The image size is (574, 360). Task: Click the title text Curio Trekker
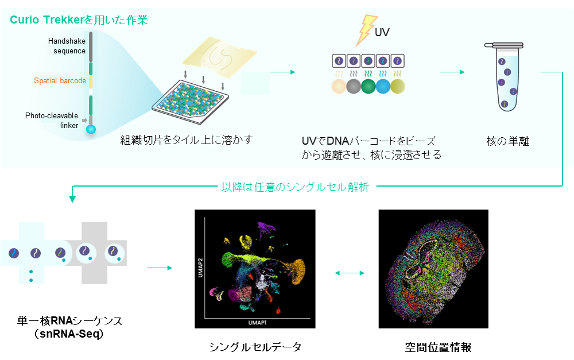click(x=47, y=20)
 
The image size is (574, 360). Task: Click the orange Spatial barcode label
click(x=60, y=80)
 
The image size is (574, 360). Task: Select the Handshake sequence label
click(x=67, y=46)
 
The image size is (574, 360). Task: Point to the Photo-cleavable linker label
click(x=52, y=121)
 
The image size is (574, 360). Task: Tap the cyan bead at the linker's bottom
click(x=91, y=129)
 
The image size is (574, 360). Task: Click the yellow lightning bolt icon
click(x=366, y=30)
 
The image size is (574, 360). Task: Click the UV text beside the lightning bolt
click(x=382, y=32)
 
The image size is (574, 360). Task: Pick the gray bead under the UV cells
click(x=354, y=87)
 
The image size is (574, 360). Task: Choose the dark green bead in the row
click(x=369, y=87)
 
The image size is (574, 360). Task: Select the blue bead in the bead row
click(x=383, y=87)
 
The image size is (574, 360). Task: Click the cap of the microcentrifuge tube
click(x=504, y=46)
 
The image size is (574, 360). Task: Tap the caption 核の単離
click(x=508, y=141)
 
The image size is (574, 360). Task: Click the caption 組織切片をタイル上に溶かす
click(x=187, y=140)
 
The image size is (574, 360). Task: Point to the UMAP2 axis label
click(x=200, y=268)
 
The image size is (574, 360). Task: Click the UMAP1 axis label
click(x=257, y=323)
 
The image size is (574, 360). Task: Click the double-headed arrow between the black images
click(x=350, y=273)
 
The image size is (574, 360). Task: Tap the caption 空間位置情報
click(x=438, y=347)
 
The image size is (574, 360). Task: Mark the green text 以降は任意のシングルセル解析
click(x=295, y=187)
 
